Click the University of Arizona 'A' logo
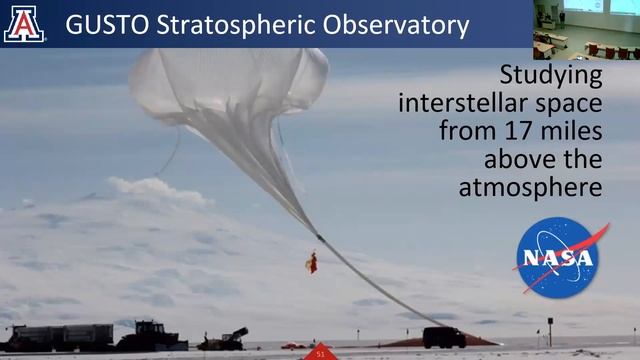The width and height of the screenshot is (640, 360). tap(24, 23)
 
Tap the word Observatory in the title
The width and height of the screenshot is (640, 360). tap(397, 25)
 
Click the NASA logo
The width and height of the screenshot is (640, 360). tap(558, 257)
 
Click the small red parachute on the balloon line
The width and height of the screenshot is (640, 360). tap(312, 262)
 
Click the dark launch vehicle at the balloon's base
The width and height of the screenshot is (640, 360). tap(443, 337)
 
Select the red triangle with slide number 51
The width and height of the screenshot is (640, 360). tap(320, 352)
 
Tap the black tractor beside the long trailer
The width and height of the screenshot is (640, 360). tap(147, 336)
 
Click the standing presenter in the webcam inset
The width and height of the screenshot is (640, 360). tap(563, 18)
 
